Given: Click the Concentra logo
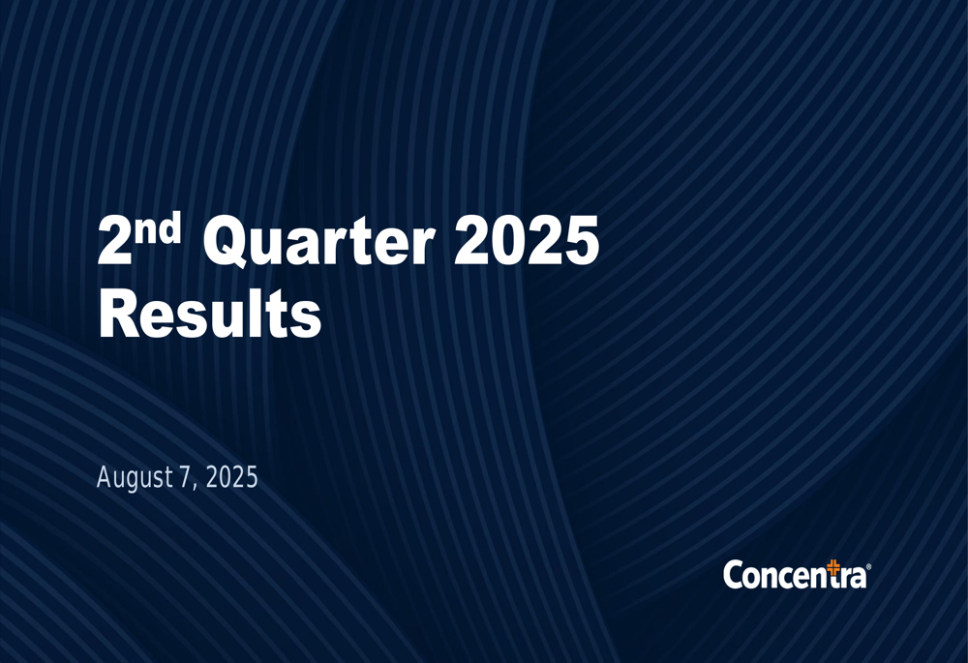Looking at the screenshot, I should coord(796,574).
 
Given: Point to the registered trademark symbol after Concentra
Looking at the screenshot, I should coord(868,568).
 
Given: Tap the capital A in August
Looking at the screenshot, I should coord(105,477).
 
